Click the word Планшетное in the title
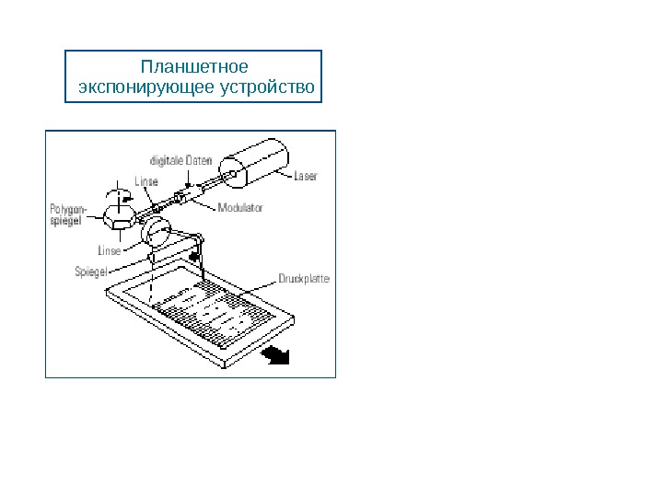[193, 67]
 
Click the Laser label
[305, 177]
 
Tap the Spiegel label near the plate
[91, 271]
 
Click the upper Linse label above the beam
[146, 180]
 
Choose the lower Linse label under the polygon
[110, 249]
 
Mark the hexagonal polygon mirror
[120, 217]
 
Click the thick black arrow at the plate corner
[273, 354]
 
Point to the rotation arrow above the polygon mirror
[117, 195]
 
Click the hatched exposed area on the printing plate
[216, 313]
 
